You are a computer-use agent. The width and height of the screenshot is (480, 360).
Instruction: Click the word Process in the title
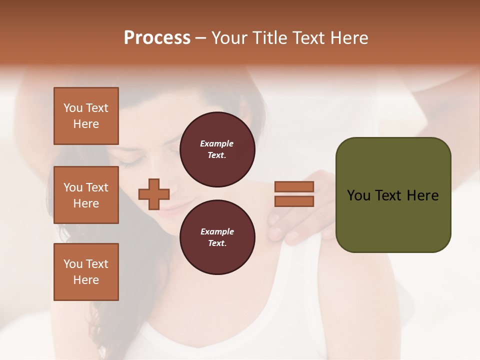point(157,38)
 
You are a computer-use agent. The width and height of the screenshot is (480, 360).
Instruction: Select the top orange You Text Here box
point(86,116)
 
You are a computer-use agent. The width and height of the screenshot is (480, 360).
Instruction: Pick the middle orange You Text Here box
point(86,195)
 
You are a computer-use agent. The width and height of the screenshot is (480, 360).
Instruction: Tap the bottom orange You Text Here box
point(86,272)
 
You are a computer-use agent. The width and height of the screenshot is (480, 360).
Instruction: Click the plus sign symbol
point(154,193)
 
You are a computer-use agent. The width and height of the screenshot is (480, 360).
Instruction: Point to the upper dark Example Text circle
point(217,149)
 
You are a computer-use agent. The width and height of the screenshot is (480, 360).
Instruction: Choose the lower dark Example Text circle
point(217,237)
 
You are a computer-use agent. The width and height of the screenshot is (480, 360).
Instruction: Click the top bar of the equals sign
point(294,186)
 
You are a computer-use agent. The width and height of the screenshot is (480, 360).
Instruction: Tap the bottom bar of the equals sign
point(294,201)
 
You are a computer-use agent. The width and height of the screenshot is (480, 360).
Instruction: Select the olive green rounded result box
point(393,195)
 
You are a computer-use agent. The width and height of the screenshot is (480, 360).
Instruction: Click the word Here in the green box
point(422,195)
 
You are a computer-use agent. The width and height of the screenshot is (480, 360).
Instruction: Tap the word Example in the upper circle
point(216,143)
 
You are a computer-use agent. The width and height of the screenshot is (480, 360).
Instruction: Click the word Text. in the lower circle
point(216,243)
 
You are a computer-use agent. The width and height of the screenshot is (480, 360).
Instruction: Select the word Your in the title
point(230,38)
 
